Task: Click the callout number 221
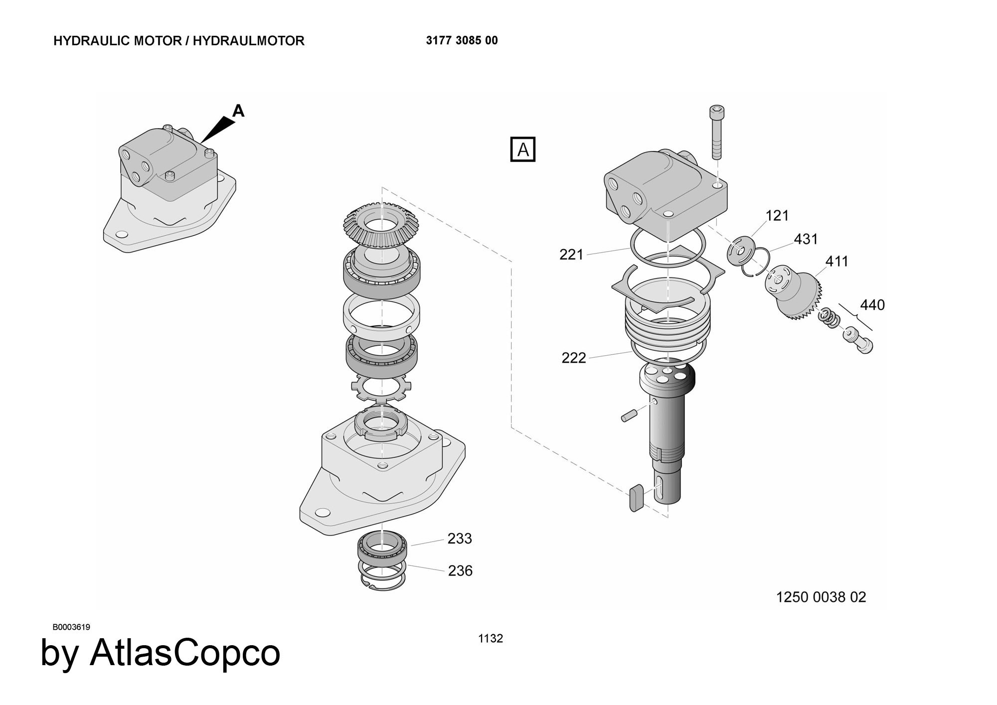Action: pyautogui.click(x=571, y=255)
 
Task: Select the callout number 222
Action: pyautogui.click(x=574, y=358)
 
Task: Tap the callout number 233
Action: pyautogui.click(x=460, y=539)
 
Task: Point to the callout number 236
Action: pyautogui.click(x=460, y=570)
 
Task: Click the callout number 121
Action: pyautogui.click(x=777, y=216)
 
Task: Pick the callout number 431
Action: pyautogui.click(x=806, y=239)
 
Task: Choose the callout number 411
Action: pyautogui.click(x=837, y=261)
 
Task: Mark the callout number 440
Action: pyautogui.click(x=872, y=305)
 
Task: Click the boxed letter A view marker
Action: pyautogui.click(x=523, y=149)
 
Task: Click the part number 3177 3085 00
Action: pyautogui.click(x=462, y=41)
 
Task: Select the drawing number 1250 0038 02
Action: pyautogui.click(x=821, y=597)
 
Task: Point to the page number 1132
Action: pyautogui.click(x=491, y=639)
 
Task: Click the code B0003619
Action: pyautogui.click(x=71, y=627)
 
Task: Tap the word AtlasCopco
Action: pyautogui.click(x=185, y=653)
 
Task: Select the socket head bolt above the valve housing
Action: pyautogui.click(x=716, y=132)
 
